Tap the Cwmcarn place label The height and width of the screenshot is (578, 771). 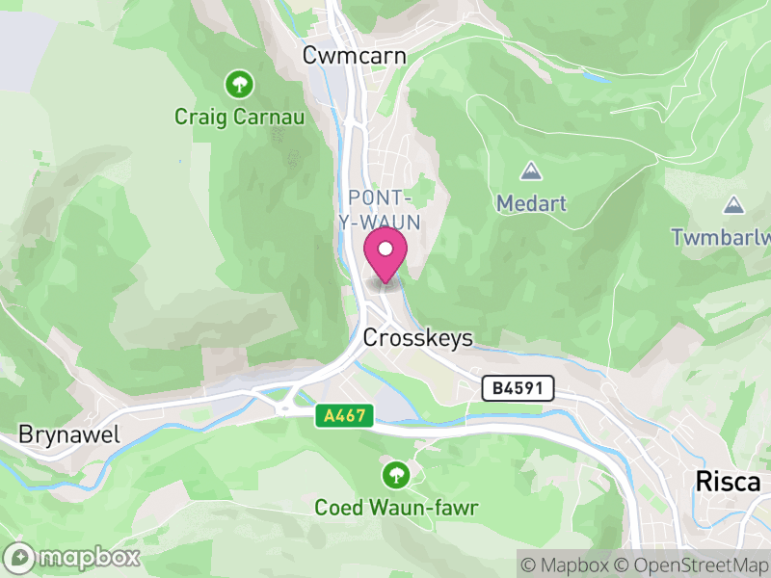tap(354, 56)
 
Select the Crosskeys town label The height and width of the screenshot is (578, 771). tap(418, 338)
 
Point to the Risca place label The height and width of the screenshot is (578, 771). tap(728, 482)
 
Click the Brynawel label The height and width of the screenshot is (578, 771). tap(69, 434)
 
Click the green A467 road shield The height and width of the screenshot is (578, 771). tap(343, 414)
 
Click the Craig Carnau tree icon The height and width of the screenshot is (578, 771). tap(239, 85)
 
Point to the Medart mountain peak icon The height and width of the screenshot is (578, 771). tap(530, 171)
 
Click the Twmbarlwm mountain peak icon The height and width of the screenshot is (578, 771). tap(734, 204)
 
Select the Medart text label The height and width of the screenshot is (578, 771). tap(532, 203)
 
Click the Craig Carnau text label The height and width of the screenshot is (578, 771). tap(239, 118)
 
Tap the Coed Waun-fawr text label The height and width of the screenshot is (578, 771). tap(397, 507)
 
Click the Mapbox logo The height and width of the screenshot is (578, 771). tap(73, 557)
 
